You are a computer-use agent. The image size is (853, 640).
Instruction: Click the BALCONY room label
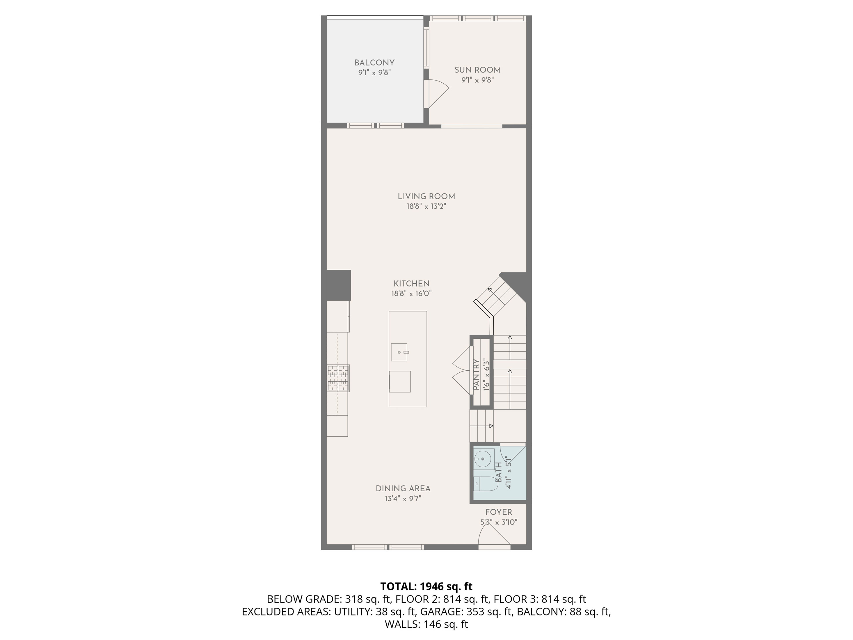coord(374,63)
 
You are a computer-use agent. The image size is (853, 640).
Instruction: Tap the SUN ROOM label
coord(477,70)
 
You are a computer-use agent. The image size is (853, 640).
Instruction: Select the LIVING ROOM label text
coord(426,197)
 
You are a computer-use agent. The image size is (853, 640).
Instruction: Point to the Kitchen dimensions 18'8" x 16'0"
coord(411,294)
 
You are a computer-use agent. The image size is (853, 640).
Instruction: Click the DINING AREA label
coord(403,489)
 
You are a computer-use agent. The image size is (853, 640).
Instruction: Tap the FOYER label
coord(499,512)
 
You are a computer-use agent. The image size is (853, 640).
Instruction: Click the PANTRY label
coord(477,374)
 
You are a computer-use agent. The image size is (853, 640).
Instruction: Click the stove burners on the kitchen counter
coord(338,378)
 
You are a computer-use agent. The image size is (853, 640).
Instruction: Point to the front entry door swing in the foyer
coord(494,536)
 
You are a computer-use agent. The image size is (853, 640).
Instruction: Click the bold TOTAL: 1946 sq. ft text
coord(426,587)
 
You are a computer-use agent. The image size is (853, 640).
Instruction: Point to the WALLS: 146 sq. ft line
coord(426,625)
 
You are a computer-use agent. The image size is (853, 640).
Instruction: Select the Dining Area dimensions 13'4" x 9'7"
coord(403,499)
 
